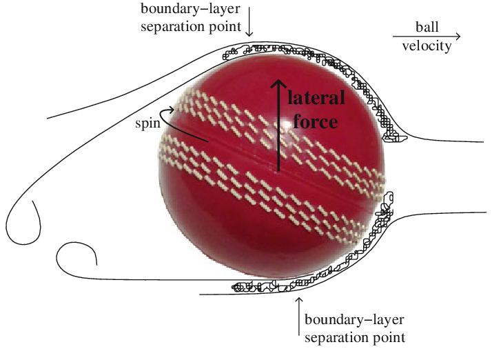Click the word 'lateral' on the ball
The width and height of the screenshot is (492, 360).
316,99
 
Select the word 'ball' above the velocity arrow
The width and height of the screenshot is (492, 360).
427,26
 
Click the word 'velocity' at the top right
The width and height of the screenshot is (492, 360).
427,46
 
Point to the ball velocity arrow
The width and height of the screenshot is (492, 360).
427,36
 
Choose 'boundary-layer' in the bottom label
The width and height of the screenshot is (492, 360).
354,320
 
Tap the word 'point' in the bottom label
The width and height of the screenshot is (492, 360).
387,338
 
